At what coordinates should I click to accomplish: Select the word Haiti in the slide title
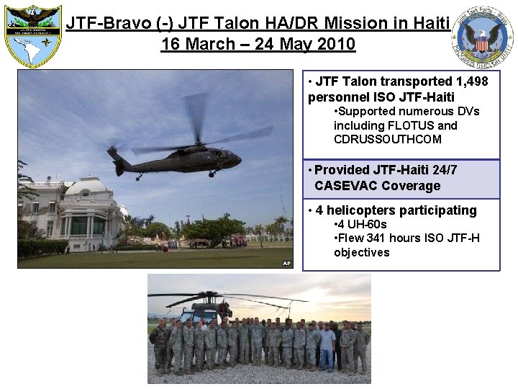pyautogui.click(x=432, y=23)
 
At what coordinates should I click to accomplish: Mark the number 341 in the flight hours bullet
pyautogui.click(x=376, y=238)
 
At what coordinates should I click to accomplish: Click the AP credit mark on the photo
pyautogui.click(x=286, y=262)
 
